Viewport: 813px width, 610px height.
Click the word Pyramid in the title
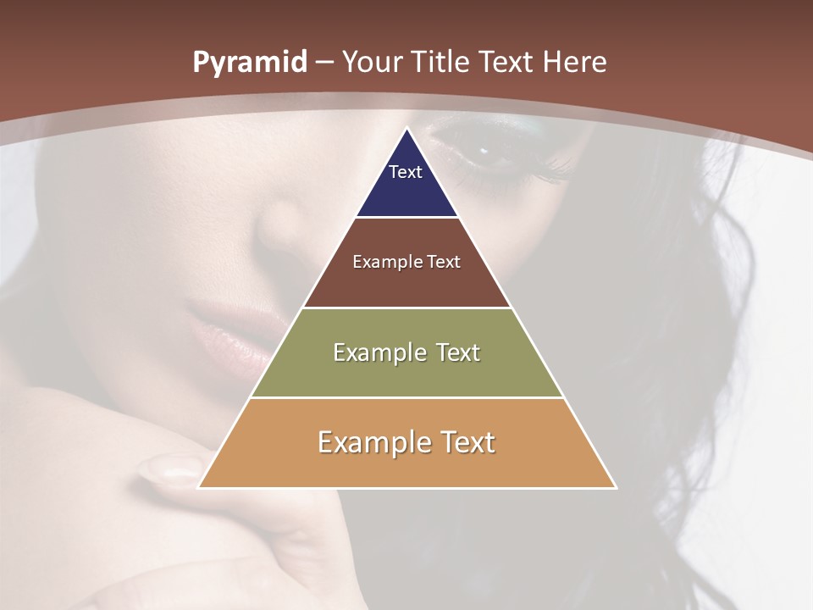[249, 63]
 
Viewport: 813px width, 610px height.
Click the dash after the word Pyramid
[324, 64]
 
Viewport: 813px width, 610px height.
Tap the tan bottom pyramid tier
[406, 466]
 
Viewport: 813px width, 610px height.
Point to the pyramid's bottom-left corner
[198, 487]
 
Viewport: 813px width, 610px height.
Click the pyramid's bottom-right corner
[616, 487]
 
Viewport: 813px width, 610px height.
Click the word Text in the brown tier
[444, 262]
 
